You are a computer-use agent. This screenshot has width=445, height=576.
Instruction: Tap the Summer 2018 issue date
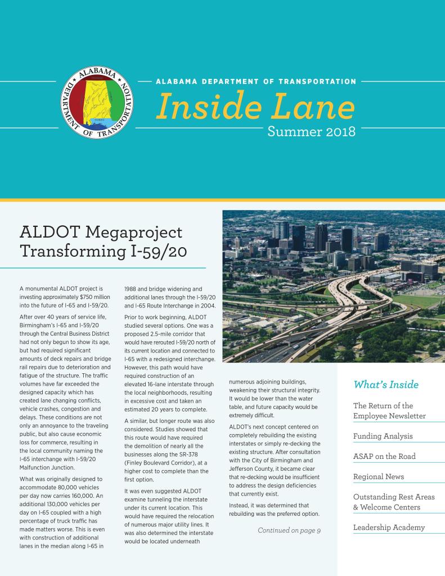coord(311,132)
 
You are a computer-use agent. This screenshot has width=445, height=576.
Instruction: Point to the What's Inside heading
coord(385,385)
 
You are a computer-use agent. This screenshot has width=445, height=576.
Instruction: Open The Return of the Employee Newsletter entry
coord(390,411)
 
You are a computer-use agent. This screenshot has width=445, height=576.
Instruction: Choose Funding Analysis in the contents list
coord(383,436)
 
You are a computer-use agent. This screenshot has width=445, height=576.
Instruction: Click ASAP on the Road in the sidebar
coord(384,456)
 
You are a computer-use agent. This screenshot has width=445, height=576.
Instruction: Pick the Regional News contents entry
coord(378,477)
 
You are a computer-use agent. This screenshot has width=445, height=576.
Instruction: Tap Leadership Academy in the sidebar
coord(389,528)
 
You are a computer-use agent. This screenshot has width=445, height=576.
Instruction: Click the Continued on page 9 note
coord(289,530)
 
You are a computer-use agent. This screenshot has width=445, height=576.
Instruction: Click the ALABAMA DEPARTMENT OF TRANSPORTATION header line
coord(255,81)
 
